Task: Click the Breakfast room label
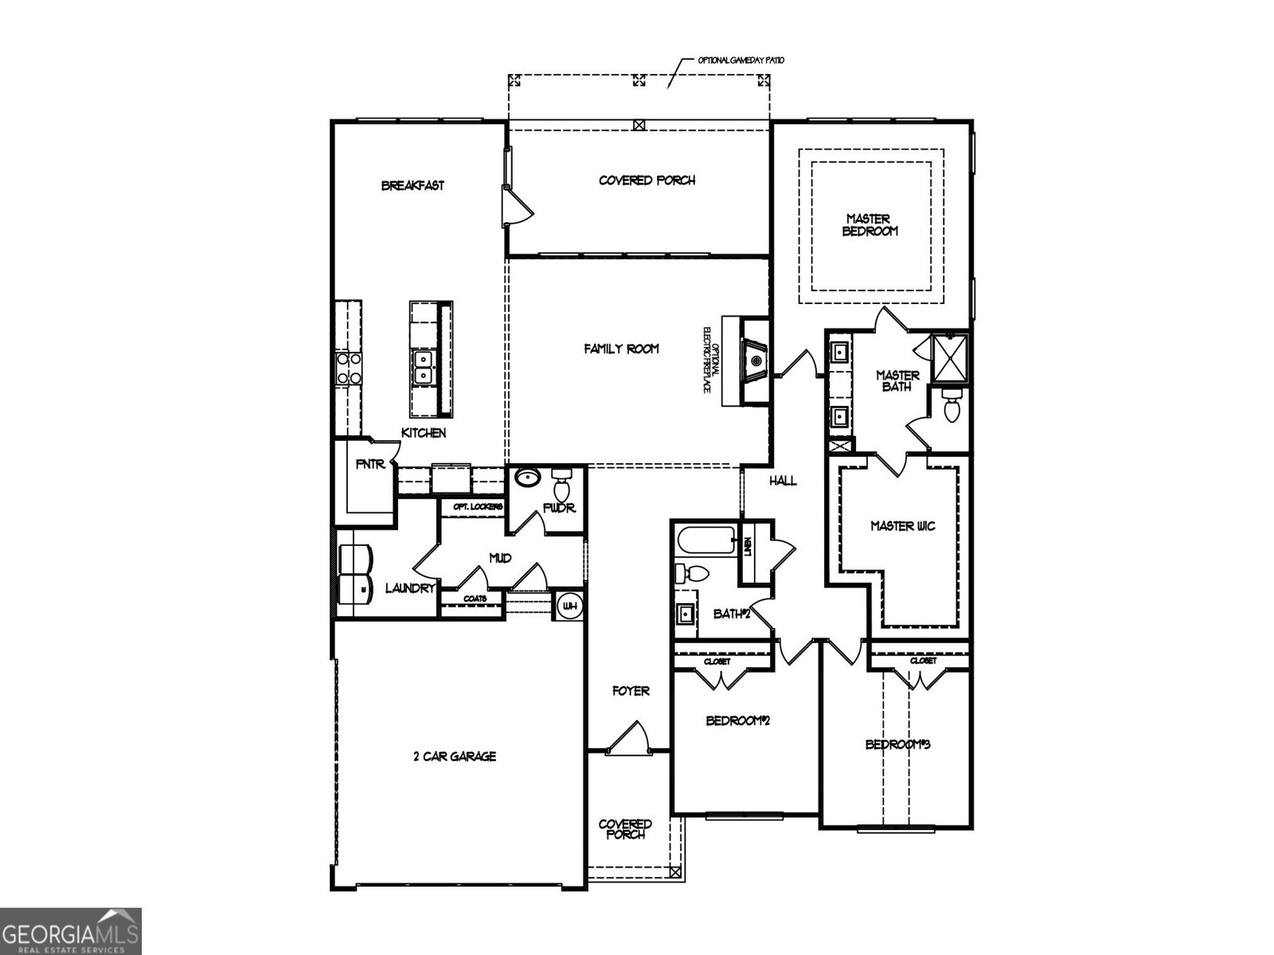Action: (412, 185)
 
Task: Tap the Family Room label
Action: (621, 349)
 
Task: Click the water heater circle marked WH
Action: (569, 606)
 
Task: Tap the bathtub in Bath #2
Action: (707, 543)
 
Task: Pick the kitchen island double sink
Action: (422, 367)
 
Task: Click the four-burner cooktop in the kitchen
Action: (349, 368)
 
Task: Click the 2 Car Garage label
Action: (455, 756)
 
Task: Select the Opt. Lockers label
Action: (478, 507)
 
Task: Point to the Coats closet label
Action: (470, 598)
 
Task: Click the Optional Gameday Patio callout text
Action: (735, 60)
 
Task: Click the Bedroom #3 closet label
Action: (923, 661)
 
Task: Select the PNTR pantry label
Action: (370, 464)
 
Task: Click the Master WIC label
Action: (902, 526)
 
